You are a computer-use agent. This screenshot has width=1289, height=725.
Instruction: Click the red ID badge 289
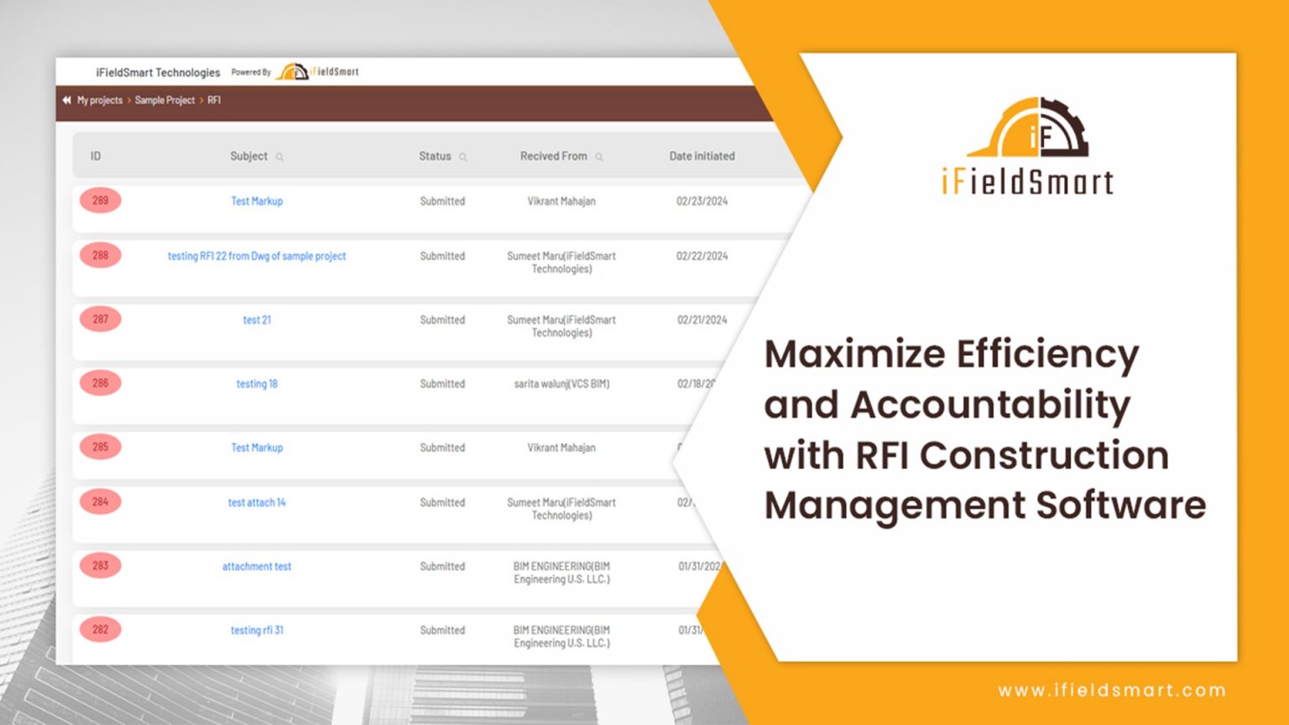(100, 201)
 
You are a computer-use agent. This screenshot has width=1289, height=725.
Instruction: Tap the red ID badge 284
(100, 502)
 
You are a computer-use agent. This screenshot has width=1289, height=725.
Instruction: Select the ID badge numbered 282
(100, 629)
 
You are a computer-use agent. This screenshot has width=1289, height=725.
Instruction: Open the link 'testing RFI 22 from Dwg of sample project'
(256, 256)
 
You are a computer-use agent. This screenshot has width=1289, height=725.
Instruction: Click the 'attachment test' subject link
(256, 566)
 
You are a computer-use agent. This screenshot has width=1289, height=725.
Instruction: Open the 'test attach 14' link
(256, 503)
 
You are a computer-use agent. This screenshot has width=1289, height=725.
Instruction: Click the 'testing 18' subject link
(256, 383)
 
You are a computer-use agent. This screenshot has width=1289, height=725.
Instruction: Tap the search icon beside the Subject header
(279, 157)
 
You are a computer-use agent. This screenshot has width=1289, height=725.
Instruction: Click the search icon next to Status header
(463, 157)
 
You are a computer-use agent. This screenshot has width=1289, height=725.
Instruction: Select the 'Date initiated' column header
(702, 156)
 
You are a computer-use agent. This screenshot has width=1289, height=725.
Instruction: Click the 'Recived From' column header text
(553, 156)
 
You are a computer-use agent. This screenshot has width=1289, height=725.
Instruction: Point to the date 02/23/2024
(702, 201)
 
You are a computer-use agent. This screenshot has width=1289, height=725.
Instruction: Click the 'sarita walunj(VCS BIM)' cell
(561, 383)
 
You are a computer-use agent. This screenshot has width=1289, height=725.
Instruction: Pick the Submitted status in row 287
(442, 320)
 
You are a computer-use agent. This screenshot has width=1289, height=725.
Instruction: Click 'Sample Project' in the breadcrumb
(164, 100)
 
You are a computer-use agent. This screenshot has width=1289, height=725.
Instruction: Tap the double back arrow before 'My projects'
(66, 100)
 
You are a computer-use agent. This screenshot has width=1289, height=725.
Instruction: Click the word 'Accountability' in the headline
(990, 404)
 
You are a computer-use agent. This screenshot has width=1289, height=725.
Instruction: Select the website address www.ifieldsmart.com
(1111, 690)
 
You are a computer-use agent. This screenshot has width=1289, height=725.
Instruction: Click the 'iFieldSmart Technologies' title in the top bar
(158, 72)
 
